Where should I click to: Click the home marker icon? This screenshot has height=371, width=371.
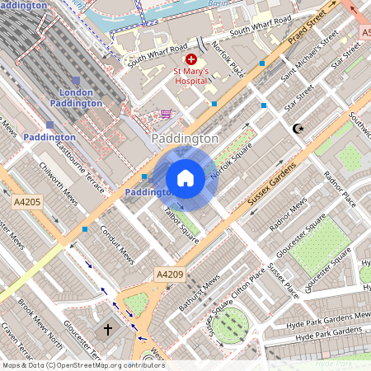click(185, 177)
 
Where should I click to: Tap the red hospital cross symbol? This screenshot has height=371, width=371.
click(191, 59)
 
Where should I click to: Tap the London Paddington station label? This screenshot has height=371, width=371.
click(76, 98)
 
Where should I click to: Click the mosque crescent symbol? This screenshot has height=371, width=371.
click(298, 129)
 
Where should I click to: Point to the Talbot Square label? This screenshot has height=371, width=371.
click(181, 225)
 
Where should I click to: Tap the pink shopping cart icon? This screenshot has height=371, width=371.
click(167, 114)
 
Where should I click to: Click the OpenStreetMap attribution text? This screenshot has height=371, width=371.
click(82, 364)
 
